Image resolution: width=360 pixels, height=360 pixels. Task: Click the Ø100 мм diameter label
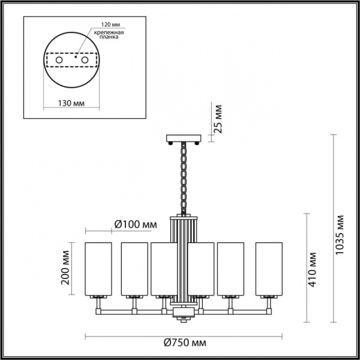[135, 224]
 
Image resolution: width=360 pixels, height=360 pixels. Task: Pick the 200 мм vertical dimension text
[68, 269]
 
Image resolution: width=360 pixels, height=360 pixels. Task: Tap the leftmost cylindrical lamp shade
[99, 269]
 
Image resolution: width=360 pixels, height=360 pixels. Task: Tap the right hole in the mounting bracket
[85, 61]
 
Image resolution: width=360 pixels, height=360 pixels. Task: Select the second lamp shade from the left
[134, 269]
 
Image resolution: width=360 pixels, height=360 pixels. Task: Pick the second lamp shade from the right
[230, 269]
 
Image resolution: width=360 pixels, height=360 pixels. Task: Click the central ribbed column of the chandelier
[183, 258]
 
